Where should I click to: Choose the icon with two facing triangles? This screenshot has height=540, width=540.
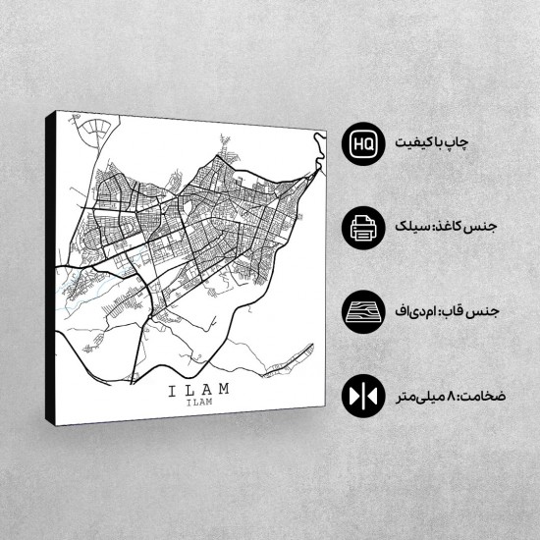pos(360,397)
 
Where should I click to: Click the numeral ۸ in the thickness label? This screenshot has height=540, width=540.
pos(456,397)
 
